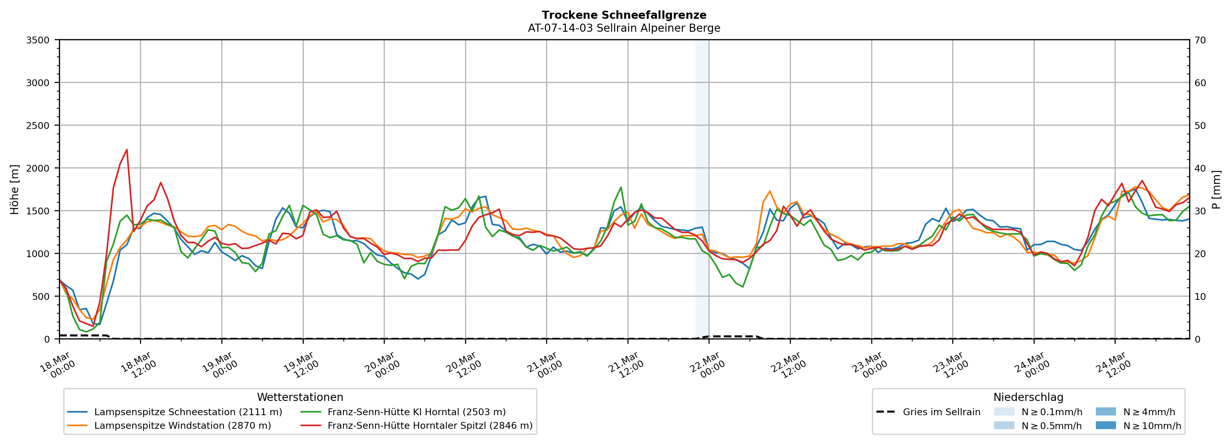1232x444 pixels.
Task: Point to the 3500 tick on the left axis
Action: click(38, 40)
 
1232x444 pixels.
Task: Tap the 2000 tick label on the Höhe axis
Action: click(38, 168)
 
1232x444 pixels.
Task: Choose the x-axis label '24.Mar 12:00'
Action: click(1113, 366)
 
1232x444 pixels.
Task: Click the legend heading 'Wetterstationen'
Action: click(300, 397)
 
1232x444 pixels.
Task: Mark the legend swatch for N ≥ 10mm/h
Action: click(1106, 425)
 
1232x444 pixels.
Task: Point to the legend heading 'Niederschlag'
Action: click(1028, 397)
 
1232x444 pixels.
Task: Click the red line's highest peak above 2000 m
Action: click(127, 150)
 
